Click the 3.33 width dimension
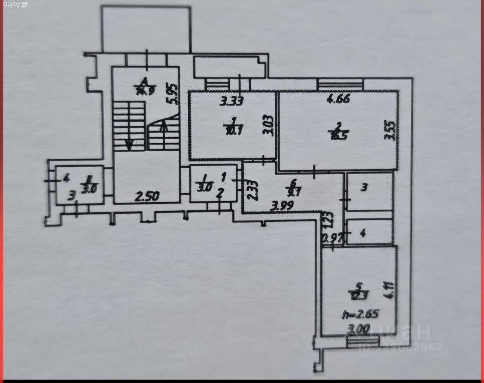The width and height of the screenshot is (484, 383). click(x=231, y=101)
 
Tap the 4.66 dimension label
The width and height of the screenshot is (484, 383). click(x=338, y=100)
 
